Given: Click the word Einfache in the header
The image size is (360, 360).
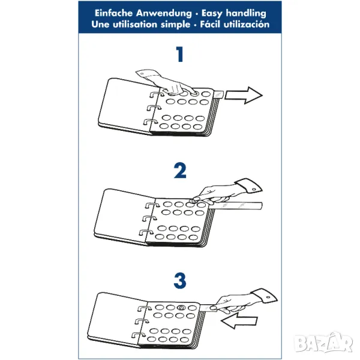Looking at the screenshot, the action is [114, 13].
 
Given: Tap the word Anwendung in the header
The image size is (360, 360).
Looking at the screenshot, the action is [164, 13].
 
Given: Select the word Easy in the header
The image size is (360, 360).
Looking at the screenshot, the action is [212, 14].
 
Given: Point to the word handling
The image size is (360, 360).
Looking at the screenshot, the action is [246, 14].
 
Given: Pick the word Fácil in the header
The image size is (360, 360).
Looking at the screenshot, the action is [210, 24].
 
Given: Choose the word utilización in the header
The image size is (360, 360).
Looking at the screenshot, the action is [247, 24].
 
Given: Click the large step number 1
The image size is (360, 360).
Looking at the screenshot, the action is [180, 54].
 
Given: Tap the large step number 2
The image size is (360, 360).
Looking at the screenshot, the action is [180, 170].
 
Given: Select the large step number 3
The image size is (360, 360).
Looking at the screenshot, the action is [180, 281].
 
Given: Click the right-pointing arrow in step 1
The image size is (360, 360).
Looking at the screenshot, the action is [244, 95].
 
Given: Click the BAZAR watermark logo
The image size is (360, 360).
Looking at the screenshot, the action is [323, 343].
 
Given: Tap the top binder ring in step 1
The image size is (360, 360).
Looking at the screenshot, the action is [156, 94].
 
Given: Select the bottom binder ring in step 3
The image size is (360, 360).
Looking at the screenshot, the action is [139, 335].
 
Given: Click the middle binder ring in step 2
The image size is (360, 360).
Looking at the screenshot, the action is [149, 218].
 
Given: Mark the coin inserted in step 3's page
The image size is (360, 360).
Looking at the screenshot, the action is [182, 308].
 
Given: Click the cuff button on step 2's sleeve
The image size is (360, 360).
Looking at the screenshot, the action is [254, 190].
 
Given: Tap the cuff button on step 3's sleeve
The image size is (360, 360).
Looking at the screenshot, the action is [268, 298].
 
